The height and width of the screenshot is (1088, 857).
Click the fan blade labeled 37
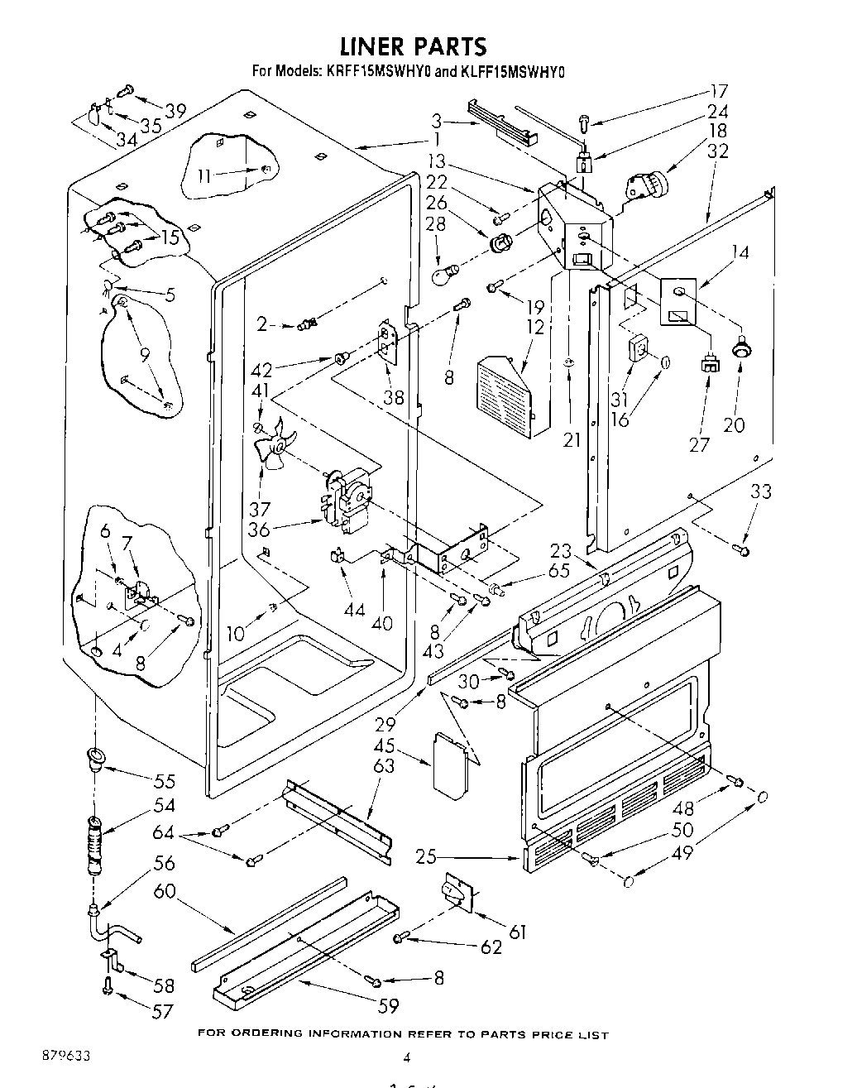click(274, 448)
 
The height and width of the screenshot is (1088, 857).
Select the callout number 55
click(165, 780)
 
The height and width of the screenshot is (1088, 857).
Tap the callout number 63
click(384, 765)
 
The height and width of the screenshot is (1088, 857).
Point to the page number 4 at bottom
click(406, 1057)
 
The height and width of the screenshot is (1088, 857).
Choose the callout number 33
click(760, 491)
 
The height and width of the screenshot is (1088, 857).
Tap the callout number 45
click(384, 745)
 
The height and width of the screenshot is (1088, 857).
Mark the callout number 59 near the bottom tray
click(388, 1006)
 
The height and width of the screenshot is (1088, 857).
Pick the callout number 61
click(517, 932)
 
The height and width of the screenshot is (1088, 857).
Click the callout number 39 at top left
click(175, 111)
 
